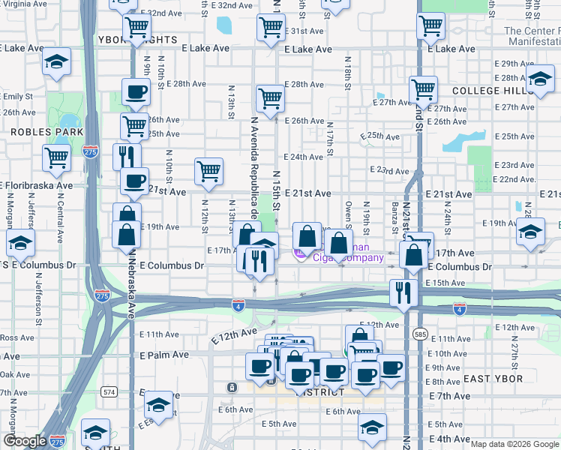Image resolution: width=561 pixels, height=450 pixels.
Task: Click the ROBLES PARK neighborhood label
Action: click(x=30, y=130)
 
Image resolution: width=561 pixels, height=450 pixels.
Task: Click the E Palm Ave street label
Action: click(x=164, y=354)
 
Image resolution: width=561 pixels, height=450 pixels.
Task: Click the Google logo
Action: click(x=25, y=441)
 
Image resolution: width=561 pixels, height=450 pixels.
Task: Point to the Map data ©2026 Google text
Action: click(x=514, y=444)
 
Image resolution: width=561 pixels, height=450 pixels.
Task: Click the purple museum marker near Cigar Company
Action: click(x=300, y=255)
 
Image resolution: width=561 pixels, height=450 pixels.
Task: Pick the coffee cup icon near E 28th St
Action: click(x=136, y=92)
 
